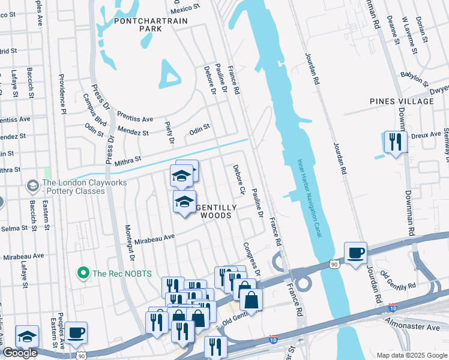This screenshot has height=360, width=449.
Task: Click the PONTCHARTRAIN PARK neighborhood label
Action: (x=151, y=25)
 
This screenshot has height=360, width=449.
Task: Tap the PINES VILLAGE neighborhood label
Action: (x=402, y=101)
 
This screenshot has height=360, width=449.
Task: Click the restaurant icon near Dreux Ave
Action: (x=395, y=142)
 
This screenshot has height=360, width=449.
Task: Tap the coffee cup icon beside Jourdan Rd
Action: (x=355, y=253)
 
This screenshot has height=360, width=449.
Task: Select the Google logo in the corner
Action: (x=19, y=353)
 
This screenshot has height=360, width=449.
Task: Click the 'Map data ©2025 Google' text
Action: (x=411, y=355)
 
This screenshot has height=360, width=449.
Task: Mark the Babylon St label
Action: (x=414, y=77)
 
